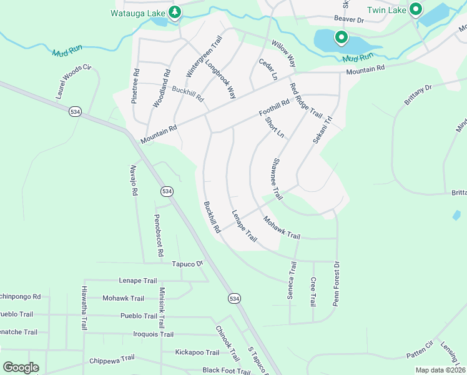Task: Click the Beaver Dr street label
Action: pyautogui.click(x=349, y=20)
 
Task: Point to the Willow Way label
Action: pyautogui.click(x=283, y=54)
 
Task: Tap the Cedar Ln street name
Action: pyautogui.click(x=268, y=69)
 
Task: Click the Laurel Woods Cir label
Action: pyautogui.click(x=74, y=82)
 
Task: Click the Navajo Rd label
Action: pyautogui.click(x=134, y=177)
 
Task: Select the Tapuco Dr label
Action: pyautogui.click(x=188, y=264)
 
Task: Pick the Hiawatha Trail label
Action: pyautogui.click(x=84, y=308)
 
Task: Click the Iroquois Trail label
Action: pyautogui.click(x=153, y=334)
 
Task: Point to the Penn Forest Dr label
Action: pyautogui.click(x=336, y=282)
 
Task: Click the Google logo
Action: pyautogui.click(x=21, y=367)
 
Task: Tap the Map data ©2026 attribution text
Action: pyautogui.click(x=440, y=370)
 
